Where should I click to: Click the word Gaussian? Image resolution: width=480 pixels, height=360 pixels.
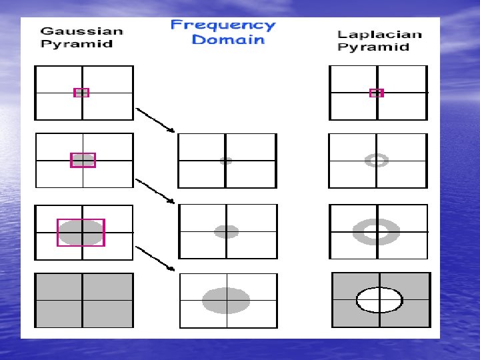point(82,31)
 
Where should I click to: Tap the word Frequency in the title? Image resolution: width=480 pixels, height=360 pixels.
point(223,25)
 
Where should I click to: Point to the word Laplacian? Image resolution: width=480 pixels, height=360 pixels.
point(379,34)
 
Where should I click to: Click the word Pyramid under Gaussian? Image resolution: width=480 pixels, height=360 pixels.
point(76,44)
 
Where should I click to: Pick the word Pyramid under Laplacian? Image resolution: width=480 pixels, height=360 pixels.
point(373,47)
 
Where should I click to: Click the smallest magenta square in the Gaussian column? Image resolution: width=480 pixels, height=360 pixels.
point(81,93)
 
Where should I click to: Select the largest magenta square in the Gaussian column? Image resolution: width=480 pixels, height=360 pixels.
point(81,232)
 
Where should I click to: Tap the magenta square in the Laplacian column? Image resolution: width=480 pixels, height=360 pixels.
point(377,93)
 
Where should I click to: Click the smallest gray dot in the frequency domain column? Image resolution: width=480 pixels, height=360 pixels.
point(226,161)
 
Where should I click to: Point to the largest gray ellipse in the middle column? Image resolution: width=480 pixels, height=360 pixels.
point(226,301)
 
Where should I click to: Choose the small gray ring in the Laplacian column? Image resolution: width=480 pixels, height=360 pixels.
point(377,160)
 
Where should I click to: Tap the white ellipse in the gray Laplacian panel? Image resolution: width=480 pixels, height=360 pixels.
point(379,300)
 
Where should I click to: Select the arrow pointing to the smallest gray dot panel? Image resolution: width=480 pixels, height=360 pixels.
point(155,119)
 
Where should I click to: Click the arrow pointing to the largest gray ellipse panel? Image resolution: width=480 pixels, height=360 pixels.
point(155,259)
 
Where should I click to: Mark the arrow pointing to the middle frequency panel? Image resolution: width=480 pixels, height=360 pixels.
point(155,190)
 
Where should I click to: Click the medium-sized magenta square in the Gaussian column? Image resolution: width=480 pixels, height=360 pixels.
point(83,160)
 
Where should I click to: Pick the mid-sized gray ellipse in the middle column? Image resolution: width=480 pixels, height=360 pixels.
point(227,231)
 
